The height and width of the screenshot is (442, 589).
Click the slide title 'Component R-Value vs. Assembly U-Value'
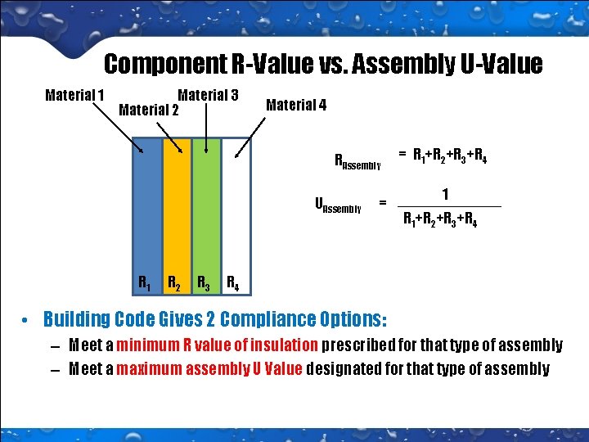coord(323,64)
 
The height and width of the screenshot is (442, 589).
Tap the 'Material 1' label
coord(74,95)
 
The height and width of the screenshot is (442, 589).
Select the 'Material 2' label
coord(149,109)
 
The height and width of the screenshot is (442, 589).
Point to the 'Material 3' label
coord(208,95)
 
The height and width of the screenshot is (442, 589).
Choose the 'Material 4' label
coord(296,105)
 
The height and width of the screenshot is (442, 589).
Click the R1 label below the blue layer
coord(144,283)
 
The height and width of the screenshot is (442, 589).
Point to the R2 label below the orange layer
coord(174,283)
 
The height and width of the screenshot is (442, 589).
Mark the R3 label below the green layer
coord(204,283)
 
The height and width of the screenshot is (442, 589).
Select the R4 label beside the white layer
coord(232,284)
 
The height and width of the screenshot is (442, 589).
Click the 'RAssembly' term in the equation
coord(357,161)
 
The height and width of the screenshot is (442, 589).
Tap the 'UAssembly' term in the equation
coord(337,205)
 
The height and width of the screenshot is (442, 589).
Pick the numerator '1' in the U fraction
coord(444,194)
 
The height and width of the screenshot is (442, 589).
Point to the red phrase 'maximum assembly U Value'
coord(211,368)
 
